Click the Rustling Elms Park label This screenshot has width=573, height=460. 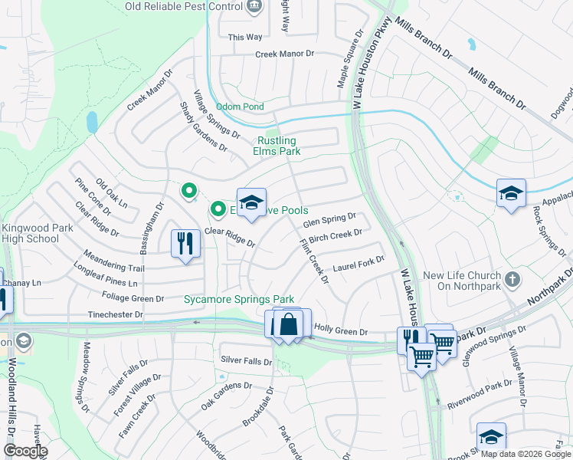coord(277,146)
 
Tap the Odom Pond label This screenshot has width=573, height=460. coord(240,107)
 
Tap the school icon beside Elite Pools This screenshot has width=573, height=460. coord(251,203)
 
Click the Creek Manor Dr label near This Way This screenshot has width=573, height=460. coord(285,54)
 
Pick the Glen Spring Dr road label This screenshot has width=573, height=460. coord(329,221)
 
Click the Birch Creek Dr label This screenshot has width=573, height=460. coord(334,235)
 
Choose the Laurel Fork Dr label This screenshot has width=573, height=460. coord(359,264)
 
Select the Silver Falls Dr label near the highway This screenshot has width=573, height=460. coord(246,360)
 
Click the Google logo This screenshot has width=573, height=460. coord(25,451)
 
